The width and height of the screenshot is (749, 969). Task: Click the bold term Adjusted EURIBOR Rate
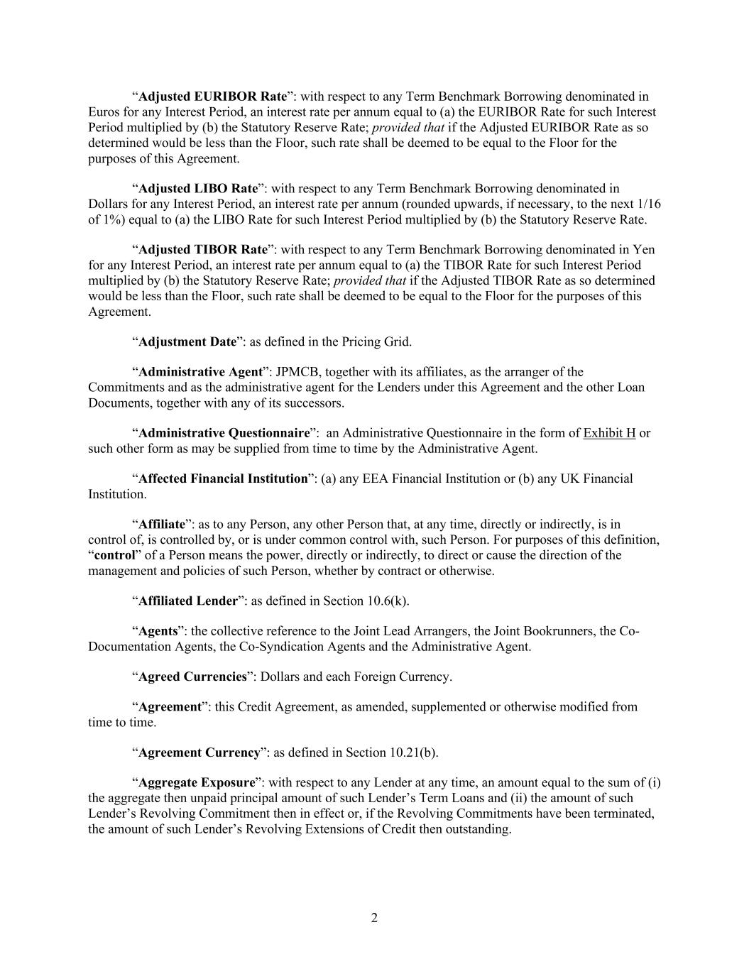pyautogui.click(x=212, y=97)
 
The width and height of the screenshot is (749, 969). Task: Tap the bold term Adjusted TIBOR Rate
pyautogui.click(x=202, y=250)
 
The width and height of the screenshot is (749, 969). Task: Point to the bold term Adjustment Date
pyautogui.click(x=187, y=342)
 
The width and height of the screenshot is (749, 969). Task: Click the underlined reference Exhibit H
pyautogui.click(x=609, y=433)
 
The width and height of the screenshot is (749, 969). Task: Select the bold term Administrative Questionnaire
pyautogui.click(x=224, y=433)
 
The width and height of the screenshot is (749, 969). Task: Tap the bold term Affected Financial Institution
pyautogui.click(x=222, y=478)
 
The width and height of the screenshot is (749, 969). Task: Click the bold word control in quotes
pyautogui.click(x=114, y=555)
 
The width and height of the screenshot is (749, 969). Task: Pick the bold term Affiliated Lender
pyautogui.click(x=187, y=601)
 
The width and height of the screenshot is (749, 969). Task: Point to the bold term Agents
pyautogui.click(x=158, y=631)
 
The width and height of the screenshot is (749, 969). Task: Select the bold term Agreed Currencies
pyautogui.click(x=192, y=677)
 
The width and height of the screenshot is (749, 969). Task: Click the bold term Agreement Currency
pyautogui.click(x=199, y=752)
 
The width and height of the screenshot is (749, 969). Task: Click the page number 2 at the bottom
pyautogui.click(x=374, y=919)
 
